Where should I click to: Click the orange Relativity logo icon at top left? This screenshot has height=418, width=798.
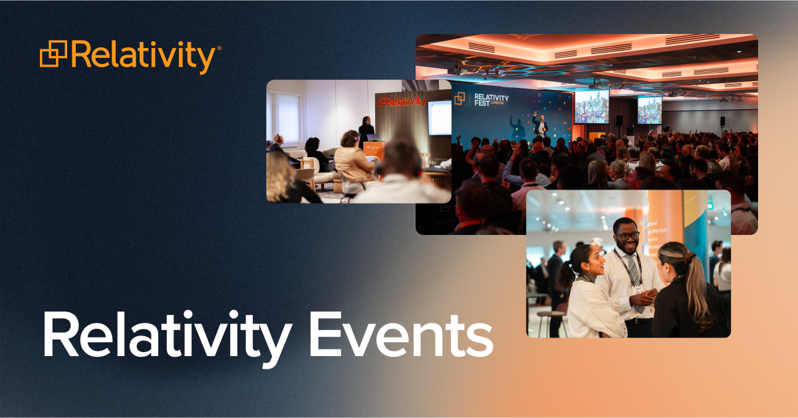pos(54,55)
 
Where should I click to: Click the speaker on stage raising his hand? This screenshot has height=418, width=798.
pos(540,124)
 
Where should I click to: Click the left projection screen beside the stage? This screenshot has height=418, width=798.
pos(591,106)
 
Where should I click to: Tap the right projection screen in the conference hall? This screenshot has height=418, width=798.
pos(650,110)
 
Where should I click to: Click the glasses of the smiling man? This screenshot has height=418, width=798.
pos(627,236)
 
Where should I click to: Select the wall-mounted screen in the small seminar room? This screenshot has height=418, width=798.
pos(440,117)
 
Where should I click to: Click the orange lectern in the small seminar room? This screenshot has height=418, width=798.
pos(373,152)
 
